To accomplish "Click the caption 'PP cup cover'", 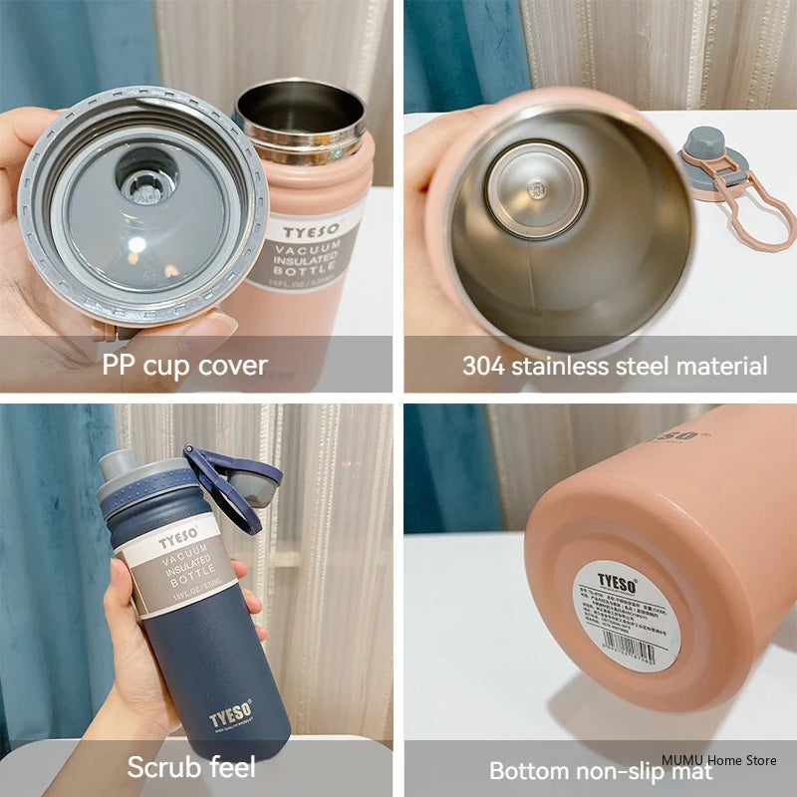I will [184, 365].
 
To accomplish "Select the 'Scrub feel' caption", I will [191, 767].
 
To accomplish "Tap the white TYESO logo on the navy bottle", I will [231, 718].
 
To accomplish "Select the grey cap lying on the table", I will [709, 164].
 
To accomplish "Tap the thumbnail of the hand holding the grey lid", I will [220, 326].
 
